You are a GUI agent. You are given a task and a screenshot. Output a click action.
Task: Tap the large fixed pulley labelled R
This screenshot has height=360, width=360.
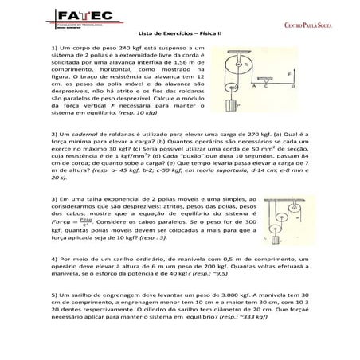click(x=239, y=67)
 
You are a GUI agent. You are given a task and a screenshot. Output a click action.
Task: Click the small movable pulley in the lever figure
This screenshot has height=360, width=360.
click(x=233, y=88)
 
